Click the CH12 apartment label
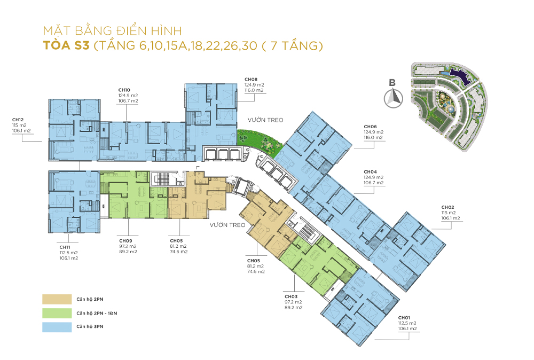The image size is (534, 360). [x=18, y=120]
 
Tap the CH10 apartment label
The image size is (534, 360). [x=124, y=90]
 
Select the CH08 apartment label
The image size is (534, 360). [x=251, y=80]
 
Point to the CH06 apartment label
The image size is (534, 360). [x=370, y=127]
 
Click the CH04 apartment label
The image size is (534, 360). [x=370, y=172]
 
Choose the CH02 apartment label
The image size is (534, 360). [x=448, y=207]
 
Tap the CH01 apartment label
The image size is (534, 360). [x=404, y=318]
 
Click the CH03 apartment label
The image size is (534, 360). [x=291, y=296]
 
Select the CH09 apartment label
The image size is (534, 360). [x=125, y=241]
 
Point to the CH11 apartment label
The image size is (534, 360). [x=65, y=247]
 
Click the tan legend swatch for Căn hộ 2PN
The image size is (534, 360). [x=57, y=299]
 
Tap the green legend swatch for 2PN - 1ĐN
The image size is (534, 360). [x=57, y=313]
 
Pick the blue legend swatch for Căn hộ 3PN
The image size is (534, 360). [x=57, y=327]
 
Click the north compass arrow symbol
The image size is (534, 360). [x=394, y=98]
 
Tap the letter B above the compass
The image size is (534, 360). [x=392, y=82]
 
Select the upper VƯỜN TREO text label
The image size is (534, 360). [x=265, y=120]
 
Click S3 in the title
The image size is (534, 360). [x=81, y=45]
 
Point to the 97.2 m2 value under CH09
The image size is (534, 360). [x=128, y=246]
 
